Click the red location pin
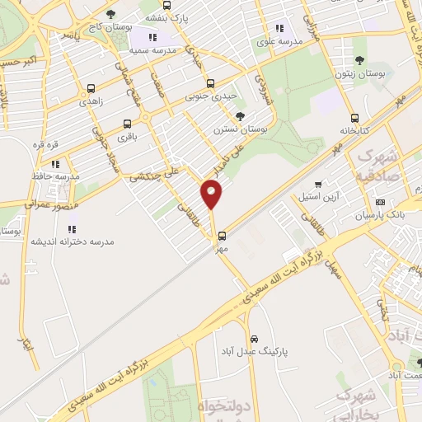(x=212, y=195)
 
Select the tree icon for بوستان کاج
(x=111, y=14)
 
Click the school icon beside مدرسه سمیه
(x=152, y=37)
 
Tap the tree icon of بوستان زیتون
(x=360, y=59)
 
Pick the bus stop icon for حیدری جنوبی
(x=210, y=83)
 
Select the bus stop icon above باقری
(x=127, y=124)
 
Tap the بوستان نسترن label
(x=237, y=129)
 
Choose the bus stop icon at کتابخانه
(x=355, y=118)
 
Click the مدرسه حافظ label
(x=61, y=176)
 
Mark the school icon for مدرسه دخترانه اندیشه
(x=72, y=229)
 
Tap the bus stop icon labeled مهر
(x=221, y=235)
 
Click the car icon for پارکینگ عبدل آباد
(x=254, y=339)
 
